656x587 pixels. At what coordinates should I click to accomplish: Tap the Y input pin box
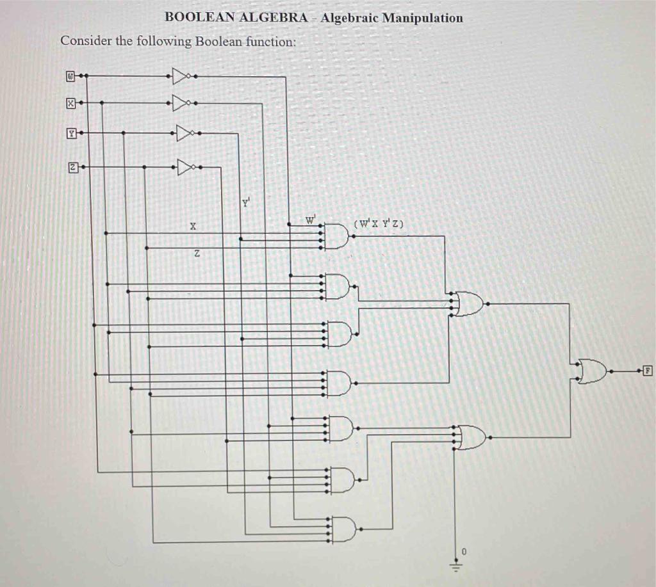[x=72, y=134]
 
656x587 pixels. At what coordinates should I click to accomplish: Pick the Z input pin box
[x=73, y=167]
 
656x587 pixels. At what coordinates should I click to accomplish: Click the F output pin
[x=648, y=370]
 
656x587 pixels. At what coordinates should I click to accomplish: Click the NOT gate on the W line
[x=181, y=76]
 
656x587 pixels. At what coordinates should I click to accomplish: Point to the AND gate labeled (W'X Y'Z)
[x=337, y=236]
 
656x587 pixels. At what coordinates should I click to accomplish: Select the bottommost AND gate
[x=342, y=529]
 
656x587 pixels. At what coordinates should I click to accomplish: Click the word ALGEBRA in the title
[x=273, y=18]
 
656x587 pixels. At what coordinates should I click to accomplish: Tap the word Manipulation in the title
[x=422, y=18]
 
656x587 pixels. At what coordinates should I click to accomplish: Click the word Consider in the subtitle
[x=86, y=42]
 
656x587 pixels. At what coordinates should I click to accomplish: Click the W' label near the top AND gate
[x=311, y=221]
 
